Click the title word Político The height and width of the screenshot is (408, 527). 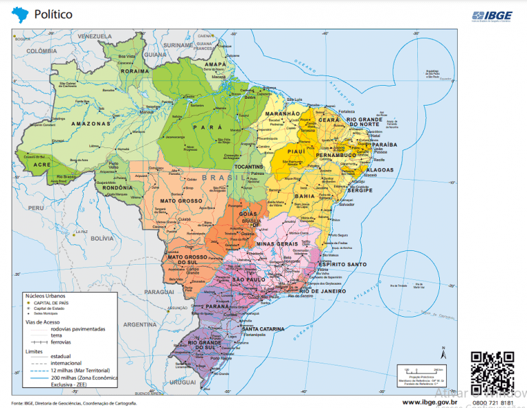tap(54, 14)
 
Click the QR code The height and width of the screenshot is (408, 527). tap(493, 370)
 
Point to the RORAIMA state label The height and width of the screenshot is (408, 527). tap(134, 71)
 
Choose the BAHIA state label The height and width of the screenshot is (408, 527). tap(305, 195)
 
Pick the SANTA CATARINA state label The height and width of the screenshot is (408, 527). tap(263, 329)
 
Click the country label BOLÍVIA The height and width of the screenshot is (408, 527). tap(101, 238)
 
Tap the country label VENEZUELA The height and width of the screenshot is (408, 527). tap(94, 36)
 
